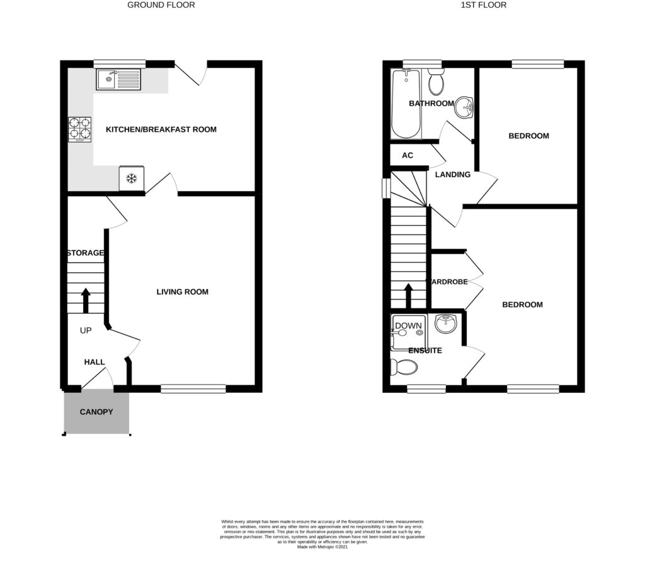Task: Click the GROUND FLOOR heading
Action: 161,5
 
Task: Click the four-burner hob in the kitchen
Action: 79,128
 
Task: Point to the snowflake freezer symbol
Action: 132,178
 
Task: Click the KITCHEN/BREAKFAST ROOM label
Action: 161,130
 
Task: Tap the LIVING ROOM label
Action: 183,292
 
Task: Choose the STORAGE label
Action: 86,253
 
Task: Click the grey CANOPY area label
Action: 96,412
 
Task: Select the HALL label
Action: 95,363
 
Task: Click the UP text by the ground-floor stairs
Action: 86,330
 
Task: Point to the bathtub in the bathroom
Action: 404,104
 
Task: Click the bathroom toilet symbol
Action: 435,83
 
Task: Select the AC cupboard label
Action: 408,155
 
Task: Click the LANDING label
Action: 453,175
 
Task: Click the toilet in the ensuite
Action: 404,366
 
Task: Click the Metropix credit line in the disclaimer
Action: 322,547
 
